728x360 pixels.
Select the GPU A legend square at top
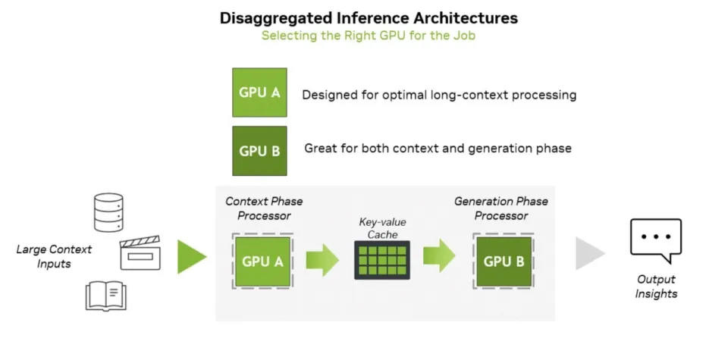(x=259, y=92)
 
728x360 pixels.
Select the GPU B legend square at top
(x=259, y=150)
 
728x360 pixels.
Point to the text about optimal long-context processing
(x=439, y=95)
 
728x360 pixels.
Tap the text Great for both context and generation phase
(x=438, y=149)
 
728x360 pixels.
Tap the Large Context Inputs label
(x=54, y=256)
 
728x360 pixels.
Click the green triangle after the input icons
(x=191, y=257)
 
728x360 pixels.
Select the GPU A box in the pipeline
(x=262, y=261)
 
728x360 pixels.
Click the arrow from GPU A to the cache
(x=322, y=260)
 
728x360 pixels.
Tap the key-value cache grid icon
(x=381, y=260)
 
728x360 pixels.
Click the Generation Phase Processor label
(x=500, y=208)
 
